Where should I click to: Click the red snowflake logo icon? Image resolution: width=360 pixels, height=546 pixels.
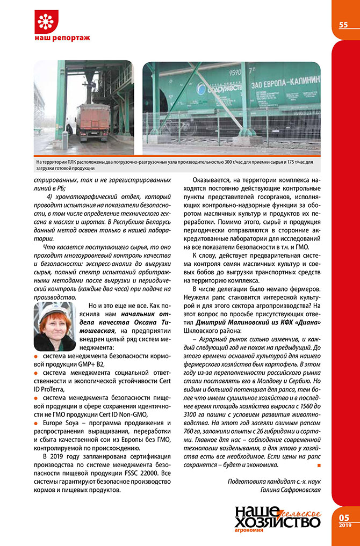coord(45,21)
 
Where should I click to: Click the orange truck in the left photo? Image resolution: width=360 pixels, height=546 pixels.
coord(93,121)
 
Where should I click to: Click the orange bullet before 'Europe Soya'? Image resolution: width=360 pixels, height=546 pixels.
coord(36,424)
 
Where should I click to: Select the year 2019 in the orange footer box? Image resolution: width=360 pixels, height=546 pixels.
coord(344,525)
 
